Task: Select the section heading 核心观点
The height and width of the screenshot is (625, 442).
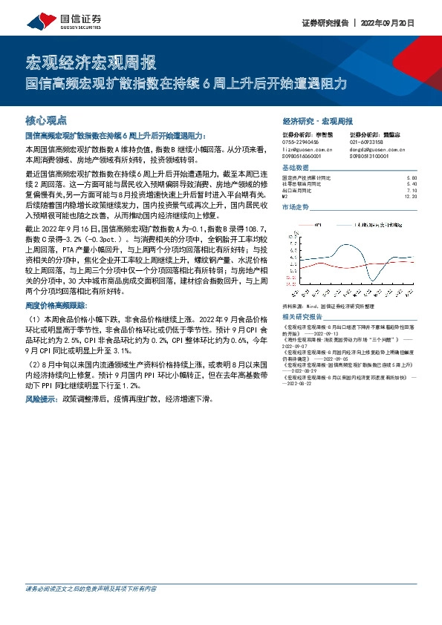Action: (x=46, y=120)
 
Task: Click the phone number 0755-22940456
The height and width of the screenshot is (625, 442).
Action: (x=301, y=141)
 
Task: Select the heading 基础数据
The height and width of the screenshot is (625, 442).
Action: (x=296, y=169)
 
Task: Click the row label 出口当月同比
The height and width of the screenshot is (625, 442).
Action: (x=299, y=190)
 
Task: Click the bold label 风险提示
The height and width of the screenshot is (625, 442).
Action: (x=42, y=399)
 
